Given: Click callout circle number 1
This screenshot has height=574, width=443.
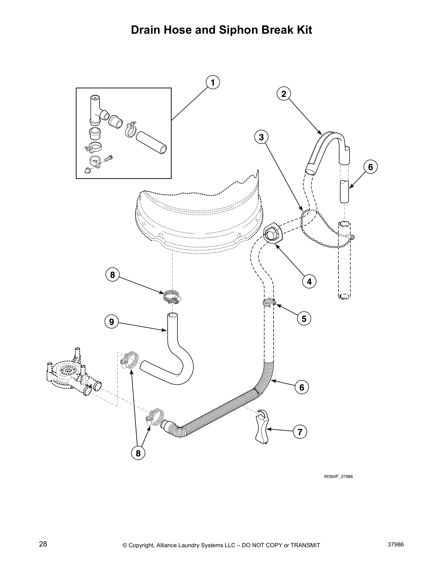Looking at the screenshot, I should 213,83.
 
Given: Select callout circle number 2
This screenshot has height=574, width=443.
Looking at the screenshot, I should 284,94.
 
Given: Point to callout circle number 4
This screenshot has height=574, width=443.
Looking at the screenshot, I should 309,281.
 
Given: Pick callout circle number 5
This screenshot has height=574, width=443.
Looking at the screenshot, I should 304,319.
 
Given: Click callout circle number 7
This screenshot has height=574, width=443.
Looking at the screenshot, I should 300,432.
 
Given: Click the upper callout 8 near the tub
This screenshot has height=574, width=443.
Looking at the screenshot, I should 112,275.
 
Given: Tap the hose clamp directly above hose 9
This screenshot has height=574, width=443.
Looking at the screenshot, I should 171,296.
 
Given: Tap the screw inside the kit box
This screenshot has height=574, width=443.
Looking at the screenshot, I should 109,158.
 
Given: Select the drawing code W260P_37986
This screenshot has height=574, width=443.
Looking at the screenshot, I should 338,476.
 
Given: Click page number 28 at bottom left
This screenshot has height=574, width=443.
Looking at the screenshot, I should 43,545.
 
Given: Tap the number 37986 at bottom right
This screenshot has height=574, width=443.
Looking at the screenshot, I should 396,545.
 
